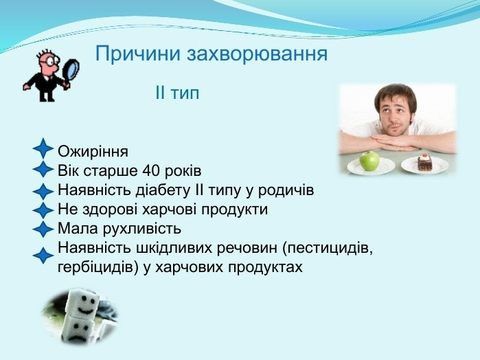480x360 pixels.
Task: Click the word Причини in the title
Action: click(138, 54)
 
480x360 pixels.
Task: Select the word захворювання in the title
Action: click(257, 54)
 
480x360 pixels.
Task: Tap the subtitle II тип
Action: click(177, 93)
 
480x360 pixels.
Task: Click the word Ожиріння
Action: click(93, 152)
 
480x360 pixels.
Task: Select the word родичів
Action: click(286, 190)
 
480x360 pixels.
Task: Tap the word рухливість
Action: click(141, 229)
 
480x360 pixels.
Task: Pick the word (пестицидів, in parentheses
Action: click(328, 248)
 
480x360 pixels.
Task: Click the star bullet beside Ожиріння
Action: click(43, 148)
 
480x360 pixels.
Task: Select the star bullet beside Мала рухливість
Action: click(43, 229)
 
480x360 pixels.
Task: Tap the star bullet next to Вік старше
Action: click(43, 169)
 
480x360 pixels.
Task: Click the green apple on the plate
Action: click(369, 161)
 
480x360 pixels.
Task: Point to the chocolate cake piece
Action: click(424, 162)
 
